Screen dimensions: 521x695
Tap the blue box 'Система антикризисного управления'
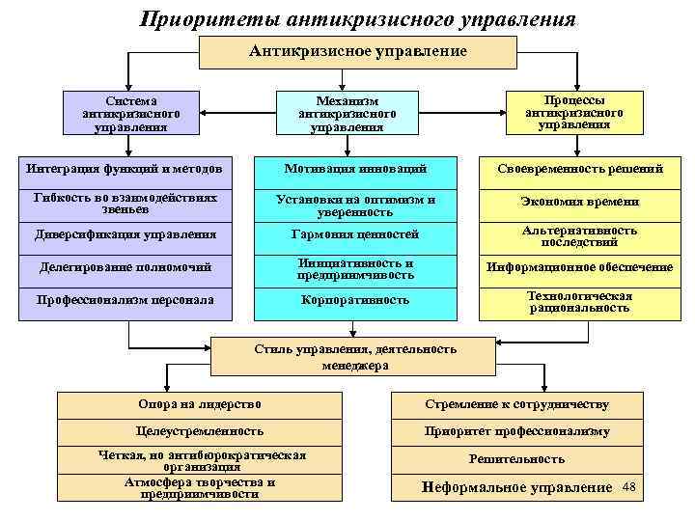[x=125, y=113]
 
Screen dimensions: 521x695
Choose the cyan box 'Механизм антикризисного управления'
[x=347, y=113]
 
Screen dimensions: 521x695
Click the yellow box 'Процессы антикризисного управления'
[x=573, y=112]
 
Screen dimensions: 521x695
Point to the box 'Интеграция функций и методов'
[x=125, y=169]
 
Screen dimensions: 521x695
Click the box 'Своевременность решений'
[x=579, y=169]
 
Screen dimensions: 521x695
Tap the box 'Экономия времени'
[x=579, y=202]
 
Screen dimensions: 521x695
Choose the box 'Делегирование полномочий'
[x=125, y=266]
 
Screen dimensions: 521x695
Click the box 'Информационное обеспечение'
[x=579, y=267]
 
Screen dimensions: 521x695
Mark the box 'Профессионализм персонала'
[x=125, y=300]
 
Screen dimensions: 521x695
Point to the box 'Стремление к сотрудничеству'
[x=517, y=403]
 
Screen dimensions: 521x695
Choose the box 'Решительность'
[x=517, y=459]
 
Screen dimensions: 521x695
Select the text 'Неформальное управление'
[x=517, y=487]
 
